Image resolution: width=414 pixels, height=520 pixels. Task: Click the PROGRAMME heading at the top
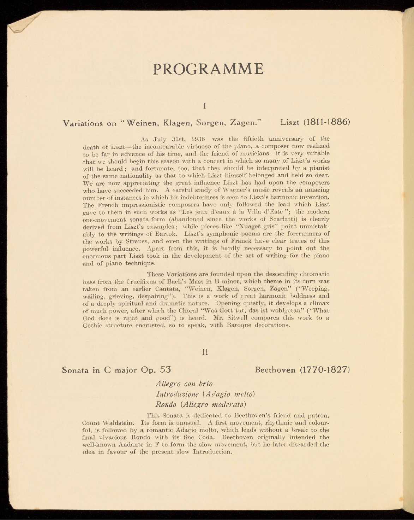(x=209, y=69)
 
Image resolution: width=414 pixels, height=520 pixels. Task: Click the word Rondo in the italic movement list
(x=164, y=404)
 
